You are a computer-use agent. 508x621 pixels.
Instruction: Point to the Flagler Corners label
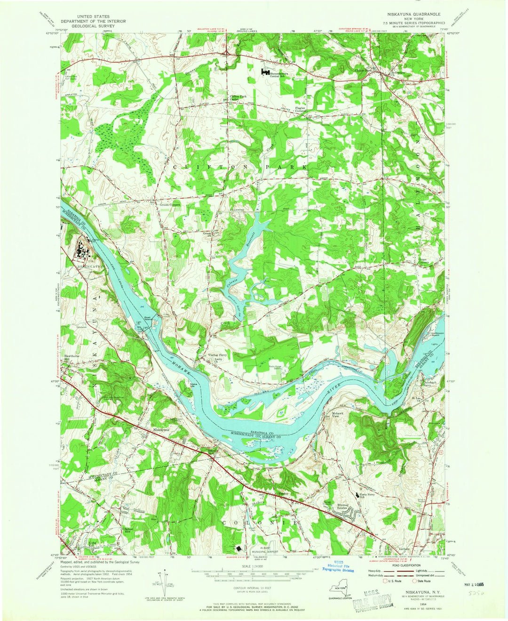click(x=301, y=109)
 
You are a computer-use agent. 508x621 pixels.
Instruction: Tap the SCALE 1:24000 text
click(x=254, y=565)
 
